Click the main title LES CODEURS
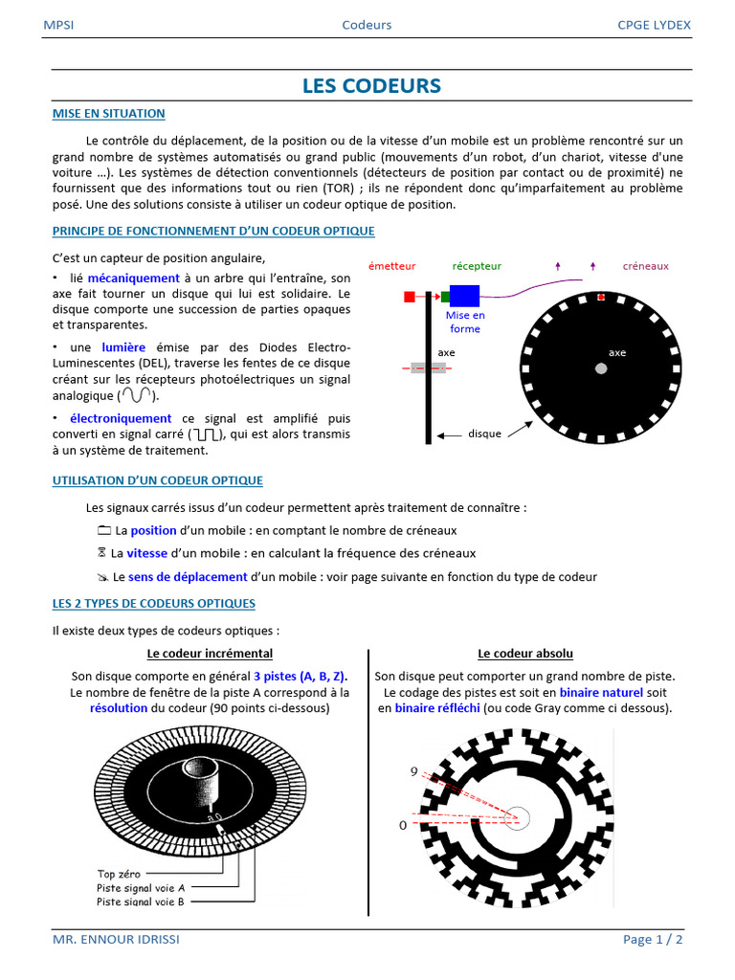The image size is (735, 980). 371,86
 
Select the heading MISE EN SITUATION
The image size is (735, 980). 108,114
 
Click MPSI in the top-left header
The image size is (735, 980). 58,25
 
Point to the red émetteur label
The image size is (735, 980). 391,266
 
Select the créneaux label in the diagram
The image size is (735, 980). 645,266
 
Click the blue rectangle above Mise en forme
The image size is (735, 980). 464,296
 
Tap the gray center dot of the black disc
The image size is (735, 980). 600,368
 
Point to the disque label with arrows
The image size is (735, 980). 484,434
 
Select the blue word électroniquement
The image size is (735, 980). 121,418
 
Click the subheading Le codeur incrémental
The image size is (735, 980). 210,654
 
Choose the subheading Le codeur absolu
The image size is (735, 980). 525,654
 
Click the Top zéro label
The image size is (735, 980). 120,873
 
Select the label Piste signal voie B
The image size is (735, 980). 141,902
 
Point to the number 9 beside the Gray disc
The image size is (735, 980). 414,771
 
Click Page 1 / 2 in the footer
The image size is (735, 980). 653,940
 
